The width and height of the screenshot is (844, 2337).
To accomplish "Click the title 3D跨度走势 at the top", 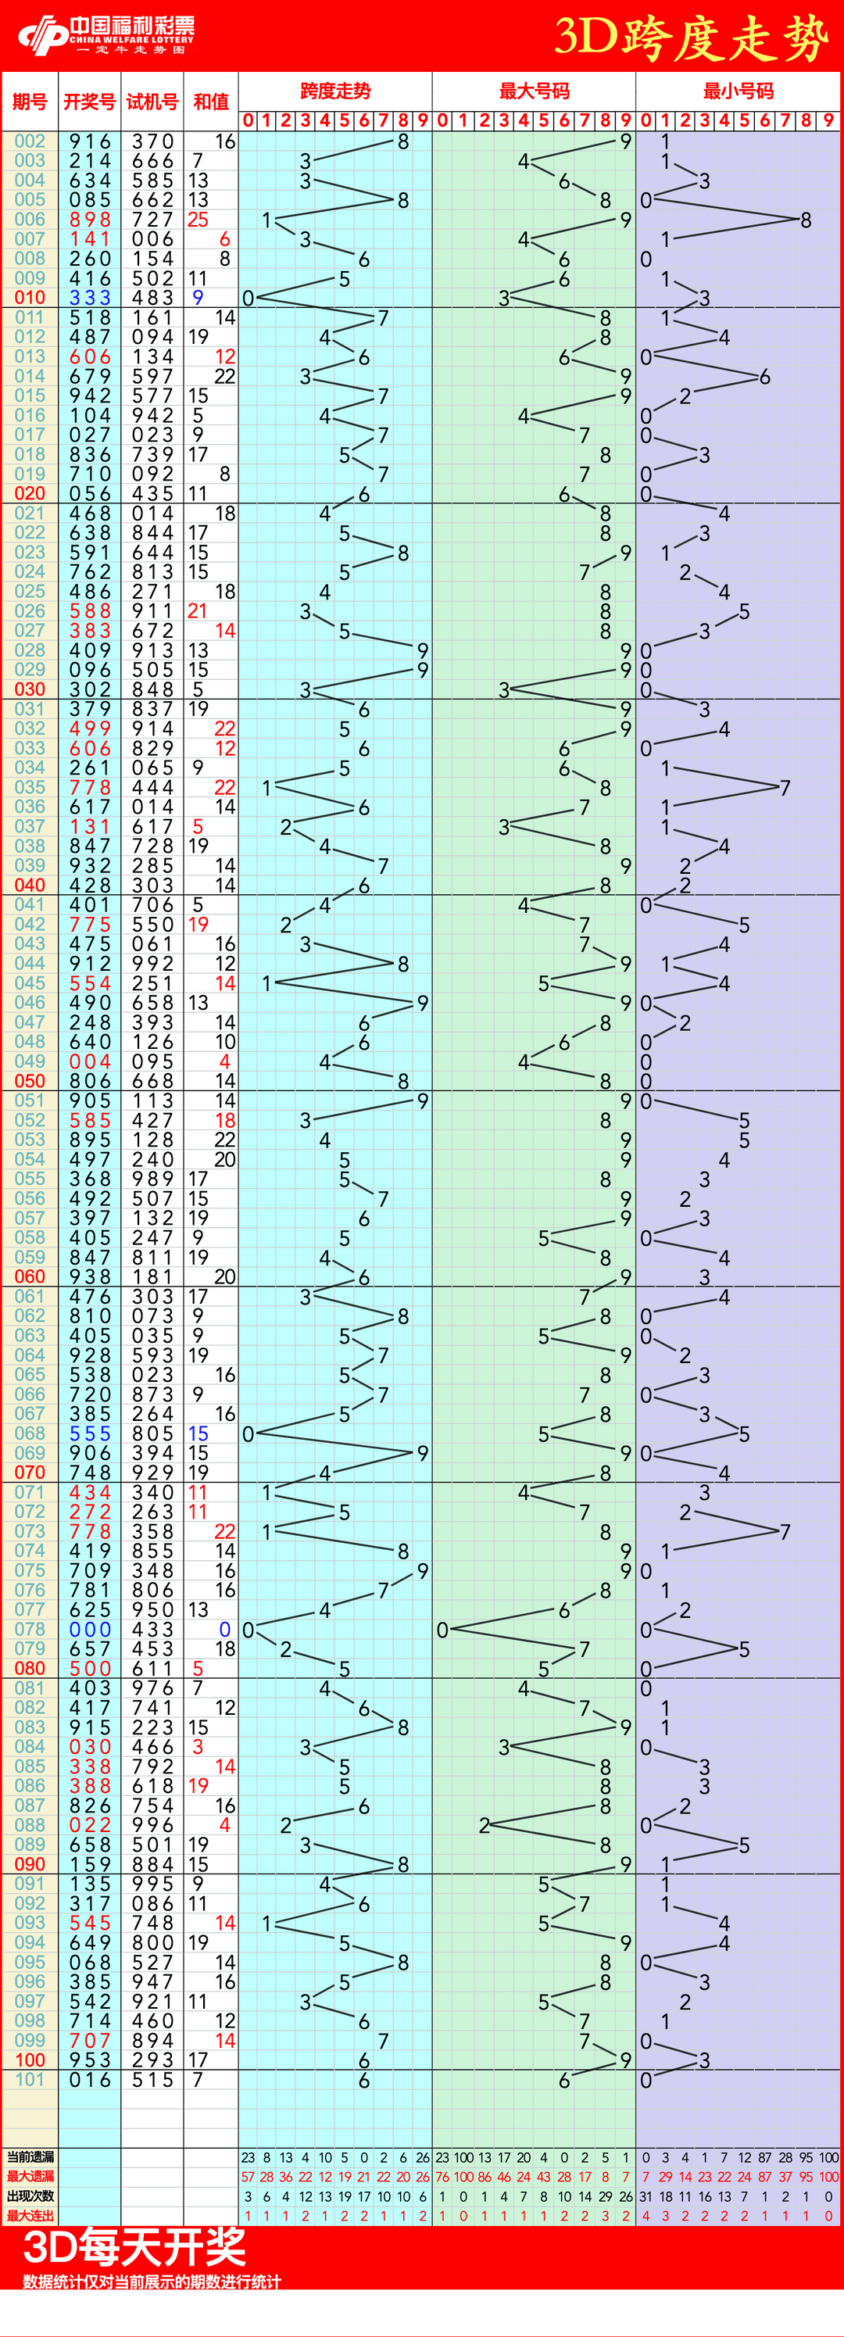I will pyautogui.click(x=691, y=38).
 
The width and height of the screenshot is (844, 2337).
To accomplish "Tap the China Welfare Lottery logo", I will pyautogui.click(x=106, y=35).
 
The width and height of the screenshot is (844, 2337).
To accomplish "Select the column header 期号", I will pyautogui.click(x=30, y=102).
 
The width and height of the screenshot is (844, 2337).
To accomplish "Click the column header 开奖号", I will pyautogui.click(x=89, y=102).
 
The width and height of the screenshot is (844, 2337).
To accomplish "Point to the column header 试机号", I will pyautogui.click(x=152, y=102).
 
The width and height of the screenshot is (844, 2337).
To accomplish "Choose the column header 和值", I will pyautogui.click(x=210, y=102).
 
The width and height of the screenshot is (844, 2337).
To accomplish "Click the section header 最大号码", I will pyautogui.click(x=534, y=91).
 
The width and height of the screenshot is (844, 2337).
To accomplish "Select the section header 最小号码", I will pyautogui.click(x=738, y=91).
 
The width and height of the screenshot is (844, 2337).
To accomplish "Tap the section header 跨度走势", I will pyautogui.click(x=335, y=91).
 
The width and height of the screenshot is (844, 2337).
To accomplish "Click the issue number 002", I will pyautogui.click(x=30, y=141).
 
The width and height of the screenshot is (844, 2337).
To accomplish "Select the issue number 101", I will pyautogui.click(x=30, y=2079).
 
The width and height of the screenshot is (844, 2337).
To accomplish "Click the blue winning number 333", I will pyautogui.click(x=90, y=298).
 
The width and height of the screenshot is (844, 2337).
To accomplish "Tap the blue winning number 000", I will pyautogui.click(x=90, y=1630).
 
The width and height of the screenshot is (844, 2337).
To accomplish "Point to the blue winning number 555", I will pyautogui.click(x=90, y=1433).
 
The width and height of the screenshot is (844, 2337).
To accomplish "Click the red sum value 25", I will pyautogui.click(x=198, y=220).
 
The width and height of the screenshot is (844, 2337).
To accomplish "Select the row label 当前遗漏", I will pyautogui.click(x=30, y=2156).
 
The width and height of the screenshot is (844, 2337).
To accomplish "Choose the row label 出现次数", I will pyautogui.click(x=30, y=2196).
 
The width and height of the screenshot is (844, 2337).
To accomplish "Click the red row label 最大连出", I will pyautogui.click(x=30, y=2215).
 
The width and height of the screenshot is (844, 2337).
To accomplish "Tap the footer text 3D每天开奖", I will pyautogui.click(x=134, y=2247).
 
